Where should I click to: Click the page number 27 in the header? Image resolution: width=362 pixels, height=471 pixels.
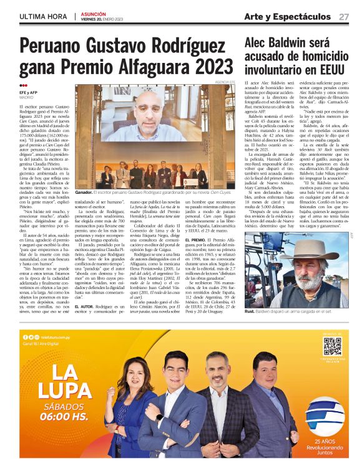point(344,16)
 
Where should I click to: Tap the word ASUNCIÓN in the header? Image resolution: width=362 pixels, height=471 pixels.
point(93,13)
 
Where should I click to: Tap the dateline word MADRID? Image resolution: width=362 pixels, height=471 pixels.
point(26,98)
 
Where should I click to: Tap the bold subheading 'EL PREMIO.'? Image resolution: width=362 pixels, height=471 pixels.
point(197,239)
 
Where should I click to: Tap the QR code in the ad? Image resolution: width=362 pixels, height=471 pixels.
point(332,346)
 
